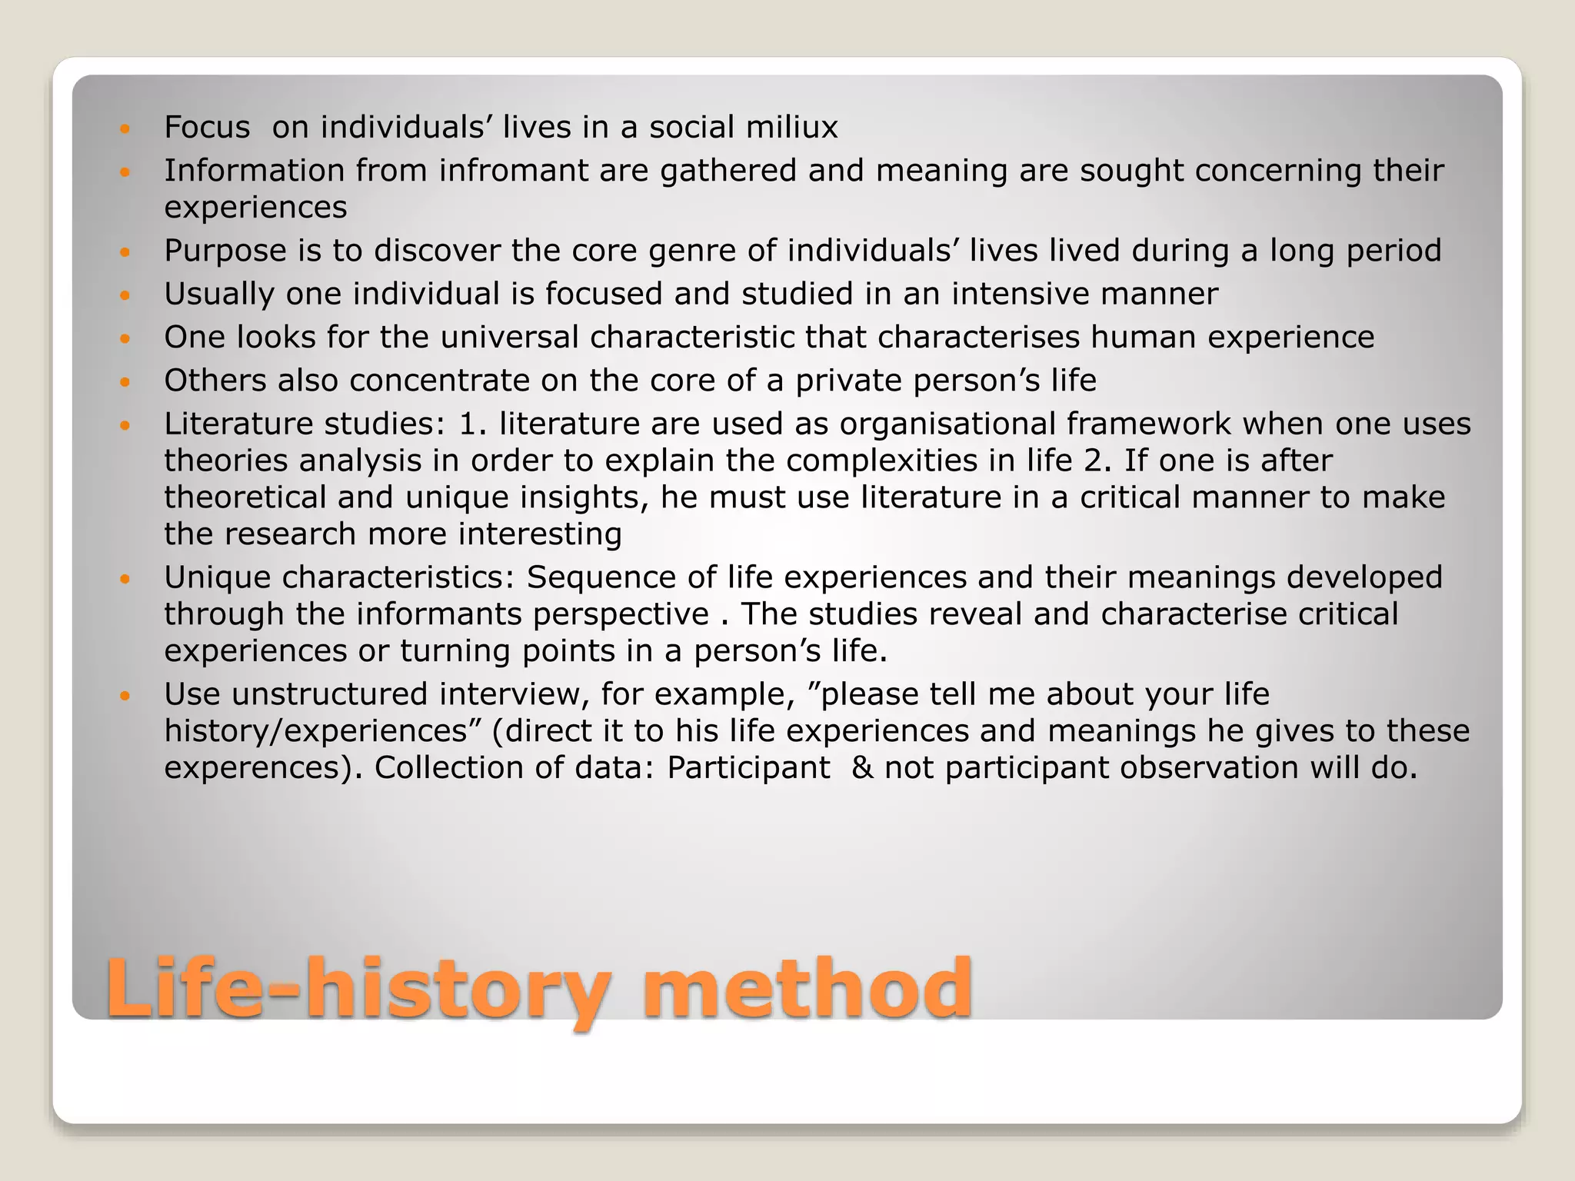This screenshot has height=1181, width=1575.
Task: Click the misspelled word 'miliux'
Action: pos(791,127)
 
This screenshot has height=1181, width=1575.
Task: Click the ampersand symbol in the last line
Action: pos(862,768)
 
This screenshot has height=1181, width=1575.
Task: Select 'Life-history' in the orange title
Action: pos(358,988)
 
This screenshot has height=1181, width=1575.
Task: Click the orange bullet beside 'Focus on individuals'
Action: pos(126,128)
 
